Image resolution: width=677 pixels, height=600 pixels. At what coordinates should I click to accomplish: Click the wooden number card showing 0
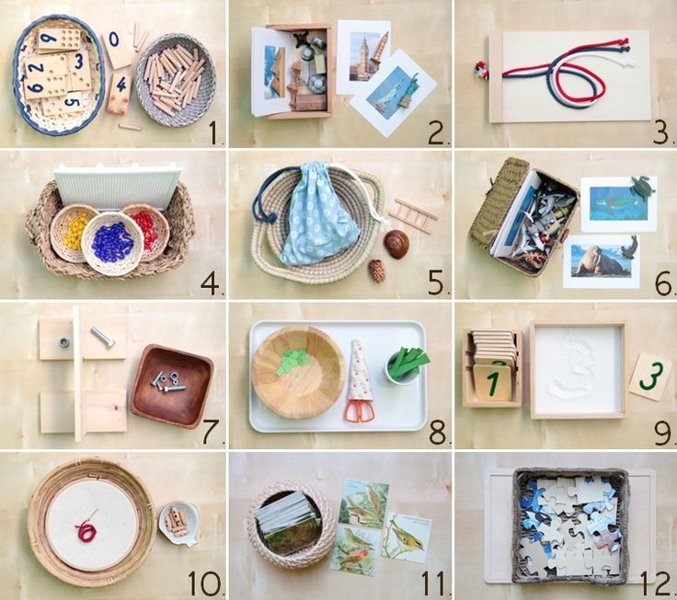tap(116, 49)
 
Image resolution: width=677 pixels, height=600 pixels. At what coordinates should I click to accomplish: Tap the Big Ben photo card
tap(363, 56)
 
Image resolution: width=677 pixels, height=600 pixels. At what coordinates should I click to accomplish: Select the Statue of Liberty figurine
tap(408, 92)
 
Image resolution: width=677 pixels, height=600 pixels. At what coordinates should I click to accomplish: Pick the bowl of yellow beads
tap(74, 233)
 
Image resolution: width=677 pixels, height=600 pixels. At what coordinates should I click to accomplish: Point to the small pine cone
tap(376, 271)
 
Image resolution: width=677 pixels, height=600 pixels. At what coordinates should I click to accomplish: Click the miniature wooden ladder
tap(413, 215)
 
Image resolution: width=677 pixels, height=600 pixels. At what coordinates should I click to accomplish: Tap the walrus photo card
tap(602, 261)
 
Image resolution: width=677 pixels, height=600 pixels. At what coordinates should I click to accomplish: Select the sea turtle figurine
tap(642, 187)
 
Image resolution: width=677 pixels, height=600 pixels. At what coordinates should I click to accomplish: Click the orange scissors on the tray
tap(360, 410)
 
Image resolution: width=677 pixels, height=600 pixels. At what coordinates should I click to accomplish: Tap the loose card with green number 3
tap(650, 376)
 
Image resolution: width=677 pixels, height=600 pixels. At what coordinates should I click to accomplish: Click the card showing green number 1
tap(493, 382)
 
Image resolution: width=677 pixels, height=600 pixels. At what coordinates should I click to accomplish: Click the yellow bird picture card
tap(407, 537)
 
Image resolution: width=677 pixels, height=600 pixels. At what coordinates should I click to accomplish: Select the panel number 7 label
tap(212, 432)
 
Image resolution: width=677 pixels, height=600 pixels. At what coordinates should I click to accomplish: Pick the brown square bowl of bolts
tap(172, 387)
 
